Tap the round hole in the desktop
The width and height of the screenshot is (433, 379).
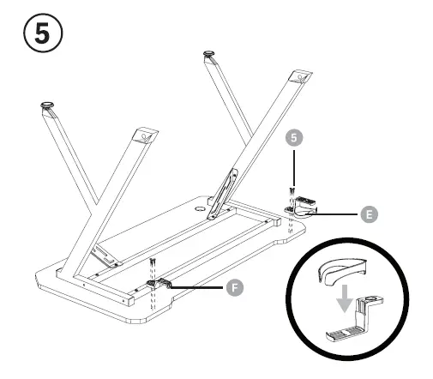tap(201, 208)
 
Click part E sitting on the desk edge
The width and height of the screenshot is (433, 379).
tap(301, 207)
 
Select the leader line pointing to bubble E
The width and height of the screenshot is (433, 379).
tap(338, 212)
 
